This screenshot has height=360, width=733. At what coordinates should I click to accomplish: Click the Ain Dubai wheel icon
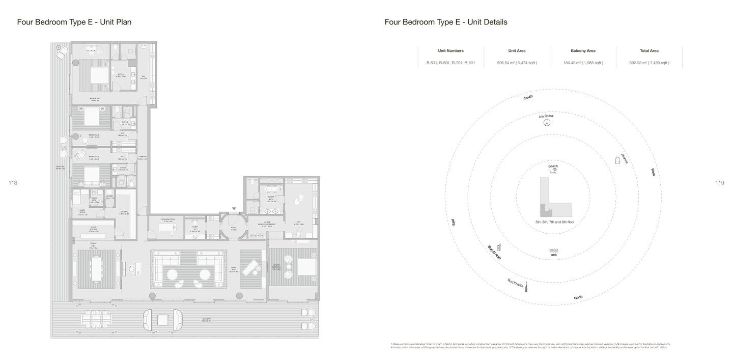tap(547, 123)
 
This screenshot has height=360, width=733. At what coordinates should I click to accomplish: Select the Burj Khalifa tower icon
tap(526, 287)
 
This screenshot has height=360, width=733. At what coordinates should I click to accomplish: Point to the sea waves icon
tap(553, 251)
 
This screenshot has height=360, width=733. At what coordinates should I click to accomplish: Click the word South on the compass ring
tap(528, 97)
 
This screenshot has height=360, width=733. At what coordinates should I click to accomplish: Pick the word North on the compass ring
tap(578, 297)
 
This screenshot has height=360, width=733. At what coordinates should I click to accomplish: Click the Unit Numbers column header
tap(450, 51)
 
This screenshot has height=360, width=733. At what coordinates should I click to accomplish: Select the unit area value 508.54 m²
tap(517, 63)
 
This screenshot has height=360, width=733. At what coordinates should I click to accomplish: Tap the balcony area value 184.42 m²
tap(583, 63)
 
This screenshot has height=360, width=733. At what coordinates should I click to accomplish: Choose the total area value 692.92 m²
tap(649, 63)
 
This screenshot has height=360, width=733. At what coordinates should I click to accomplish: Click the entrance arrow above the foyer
tap(234, 209)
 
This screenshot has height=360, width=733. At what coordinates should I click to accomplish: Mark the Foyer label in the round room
tap(234, 229)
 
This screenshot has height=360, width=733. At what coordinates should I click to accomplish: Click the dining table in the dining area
tap(96, 268)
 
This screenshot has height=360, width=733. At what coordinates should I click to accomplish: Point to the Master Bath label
tap(271, 198)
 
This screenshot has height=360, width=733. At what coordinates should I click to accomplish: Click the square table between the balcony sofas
tap(163, 320)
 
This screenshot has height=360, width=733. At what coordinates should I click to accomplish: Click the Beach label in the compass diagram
tap(553, 166)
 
